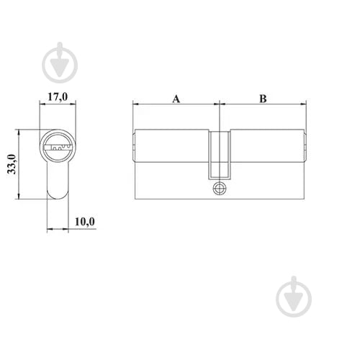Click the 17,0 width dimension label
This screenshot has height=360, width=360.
[x=58, y=97]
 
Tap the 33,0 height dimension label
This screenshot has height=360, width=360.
[x=12, y=164]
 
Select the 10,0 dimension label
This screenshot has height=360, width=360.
[x=85, y=222]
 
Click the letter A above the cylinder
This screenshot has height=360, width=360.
[x=176, y=99]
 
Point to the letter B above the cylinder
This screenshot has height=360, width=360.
[x=263, y=99]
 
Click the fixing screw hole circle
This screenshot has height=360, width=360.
[x=220, y=189]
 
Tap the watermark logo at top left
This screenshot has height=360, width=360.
[x=60, y=63]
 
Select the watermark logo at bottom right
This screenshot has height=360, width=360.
[x=294, y=297]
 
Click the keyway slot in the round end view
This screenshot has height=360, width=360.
[x=58, y=147]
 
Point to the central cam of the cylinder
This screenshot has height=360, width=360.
[x=220, y=155]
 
